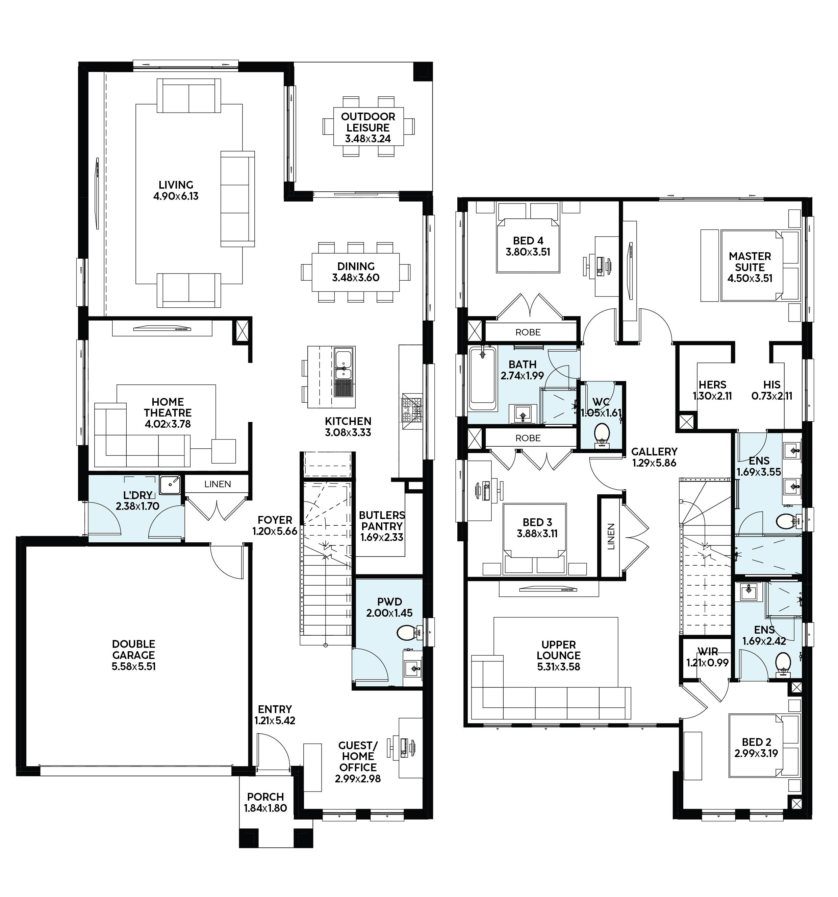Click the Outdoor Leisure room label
(x=368, y=122)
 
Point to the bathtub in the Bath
(x=482, y=378)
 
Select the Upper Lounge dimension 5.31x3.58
(x=559, y=666)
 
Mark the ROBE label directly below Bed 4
(x=528, y=332)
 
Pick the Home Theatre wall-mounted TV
(x=162, y=329)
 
